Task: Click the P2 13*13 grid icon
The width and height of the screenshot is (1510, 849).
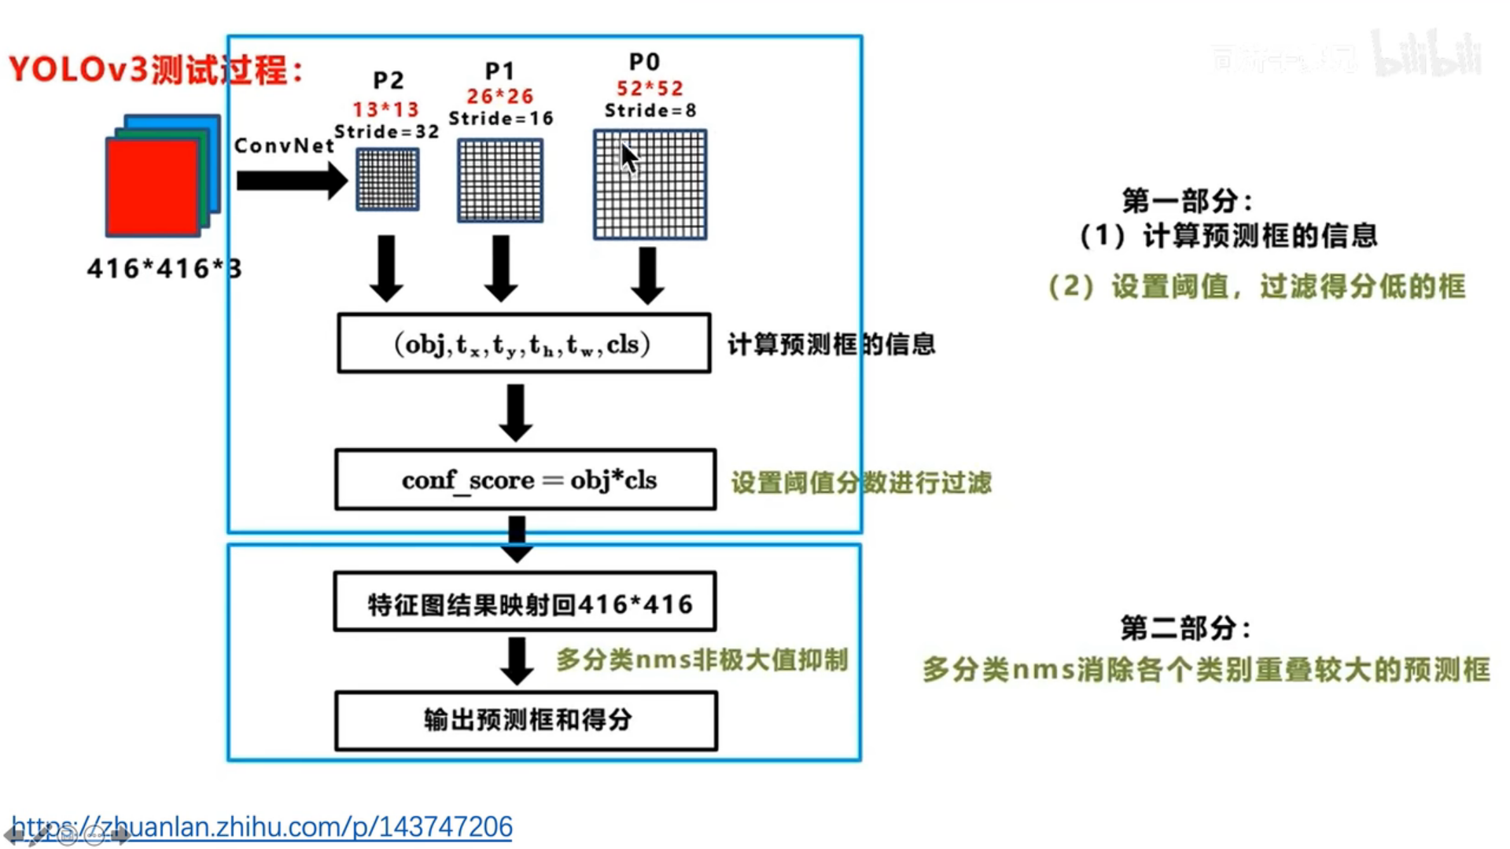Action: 388,179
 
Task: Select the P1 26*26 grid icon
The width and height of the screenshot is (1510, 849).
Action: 500,181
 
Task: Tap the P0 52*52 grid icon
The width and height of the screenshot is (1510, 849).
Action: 650,185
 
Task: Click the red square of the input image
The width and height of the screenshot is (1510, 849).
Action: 153,187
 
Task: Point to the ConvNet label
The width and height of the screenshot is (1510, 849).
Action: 284,145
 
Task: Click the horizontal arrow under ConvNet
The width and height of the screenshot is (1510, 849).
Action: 291,181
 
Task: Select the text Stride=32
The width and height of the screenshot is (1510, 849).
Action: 386,131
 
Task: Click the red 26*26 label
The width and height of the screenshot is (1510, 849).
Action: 500,96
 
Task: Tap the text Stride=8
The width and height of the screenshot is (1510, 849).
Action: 650,110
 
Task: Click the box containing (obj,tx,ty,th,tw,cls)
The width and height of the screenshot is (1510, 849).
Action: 524,344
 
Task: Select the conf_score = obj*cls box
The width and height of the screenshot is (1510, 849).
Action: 525,480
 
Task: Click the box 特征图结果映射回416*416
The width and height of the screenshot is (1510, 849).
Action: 525,603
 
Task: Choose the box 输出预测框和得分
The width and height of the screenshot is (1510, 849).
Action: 526,721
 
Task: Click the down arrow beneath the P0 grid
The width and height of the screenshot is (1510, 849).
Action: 647,275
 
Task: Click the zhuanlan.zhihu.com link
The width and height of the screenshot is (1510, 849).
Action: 262,827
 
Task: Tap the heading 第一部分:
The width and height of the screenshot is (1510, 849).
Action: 1187,201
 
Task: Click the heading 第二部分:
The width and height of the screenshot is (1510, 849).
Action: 1185,628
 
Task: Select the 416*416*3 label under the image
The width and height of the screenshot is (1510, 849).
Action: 164,269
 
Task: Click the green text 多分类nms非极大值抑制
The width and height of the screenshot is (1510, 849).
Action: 702,660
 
